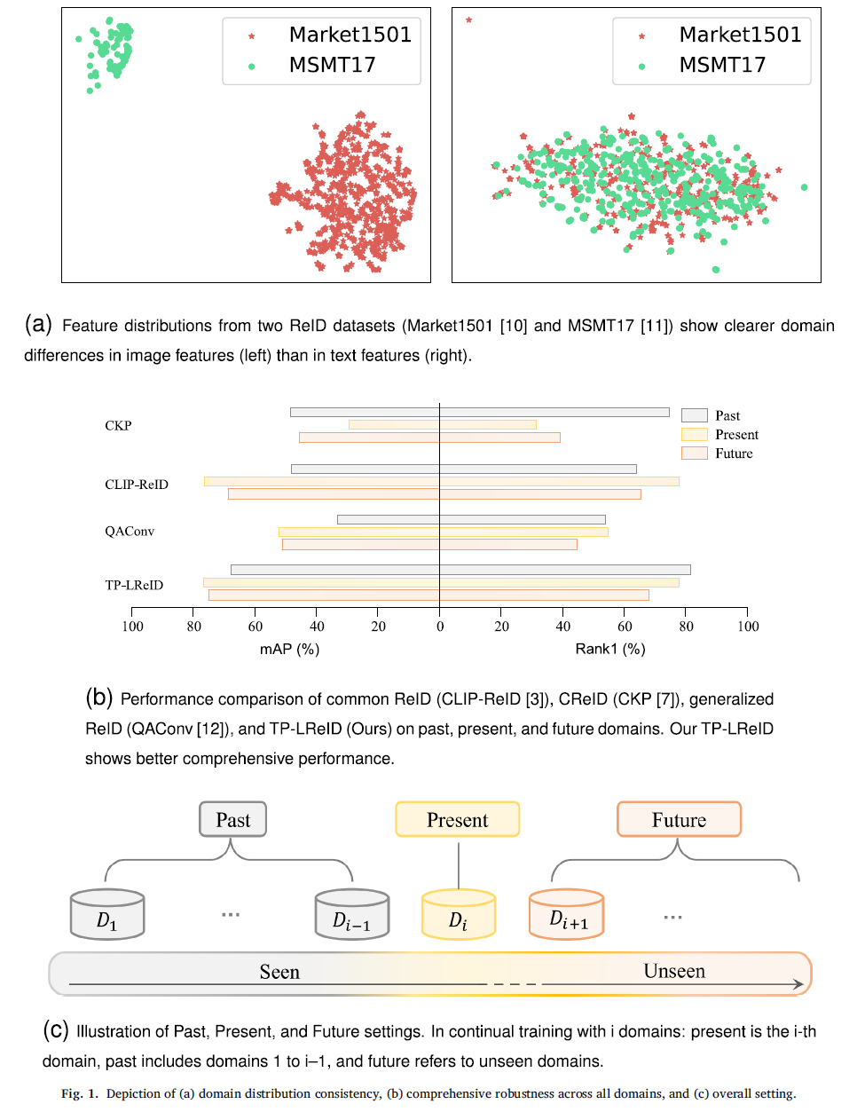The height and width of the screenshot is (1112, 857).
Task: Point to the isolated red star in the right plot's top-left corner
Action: pos(468,20)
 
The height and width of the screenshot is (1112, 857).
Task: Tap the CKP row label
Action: pos(118,426)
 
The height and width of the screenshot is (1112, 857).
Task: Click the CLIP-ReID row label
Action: pos(137,485)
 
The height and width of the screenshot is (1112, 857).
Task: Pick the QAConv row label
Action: pos(130,532)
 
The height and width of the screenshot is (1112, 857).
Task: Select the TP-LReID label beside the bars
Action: pos(134,585)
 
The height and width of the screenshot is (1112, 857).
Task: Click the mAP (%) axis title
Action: pos(289,649)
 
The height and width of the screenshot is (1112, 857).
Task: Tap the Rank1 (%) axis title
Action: pos(610,649)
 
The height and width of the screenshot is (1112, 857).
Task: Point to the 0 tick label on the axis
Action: pos(440,627)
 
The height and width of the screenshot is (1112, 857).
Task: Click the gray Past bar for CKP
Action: pos(479,412)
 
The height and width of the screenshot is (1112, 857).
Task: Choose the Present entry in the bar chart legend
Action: pos(736,435)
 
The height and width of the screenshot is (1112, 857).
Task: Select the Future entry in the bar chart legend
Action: pos(734,453)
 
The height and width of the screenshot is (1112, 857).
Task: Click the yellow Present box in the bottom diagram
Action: pos(457,820)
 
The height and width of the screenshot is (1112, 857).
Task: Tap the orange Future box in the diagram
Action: pos(679,820)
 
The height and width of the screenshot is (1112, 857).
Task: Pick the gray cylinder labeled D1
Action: pos(107,915)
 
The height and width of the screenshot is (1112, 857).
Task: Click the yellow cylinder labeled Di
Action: pos(458,915)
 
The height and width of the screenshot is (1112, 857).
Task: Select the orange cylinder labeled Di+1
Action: pos(567,915)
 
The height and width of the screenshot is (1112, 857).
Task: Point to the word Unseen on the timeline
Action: pos(674,971)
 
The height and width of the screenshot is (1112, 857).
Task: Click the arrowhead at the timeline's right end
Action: pos(799,984)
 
